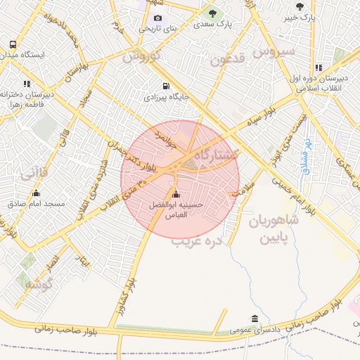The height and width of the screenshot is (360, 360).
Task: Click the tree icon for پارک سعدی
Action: point(212,13)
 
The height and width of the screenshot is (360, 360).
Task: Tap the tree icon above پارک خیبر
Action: point(300,6)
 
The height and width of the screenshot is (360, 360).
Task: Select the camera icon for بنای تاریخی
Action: point(157,18)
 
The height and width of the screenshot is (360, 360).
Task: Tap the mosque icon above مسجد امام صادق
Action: point(36,193)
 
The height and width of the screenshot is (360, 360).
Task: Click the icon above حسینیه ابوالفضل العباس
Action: point(175,194)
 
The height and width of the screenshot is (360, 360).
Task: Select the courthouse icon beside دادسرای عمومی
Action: point(255,319)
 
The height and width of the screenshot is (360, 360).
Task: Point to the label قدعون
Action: point(226,60)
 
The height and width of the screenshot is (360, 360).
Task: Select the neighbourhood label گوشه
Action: point(39,285)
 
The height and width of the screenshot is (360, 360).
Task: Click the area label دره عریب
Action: point(197,240)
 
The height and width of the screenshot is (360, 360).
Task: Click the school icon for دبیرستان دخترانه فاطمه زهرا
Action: point(27,84)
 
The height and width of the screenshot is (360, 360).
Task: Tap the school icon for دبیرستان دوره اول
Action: point(319,68)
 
